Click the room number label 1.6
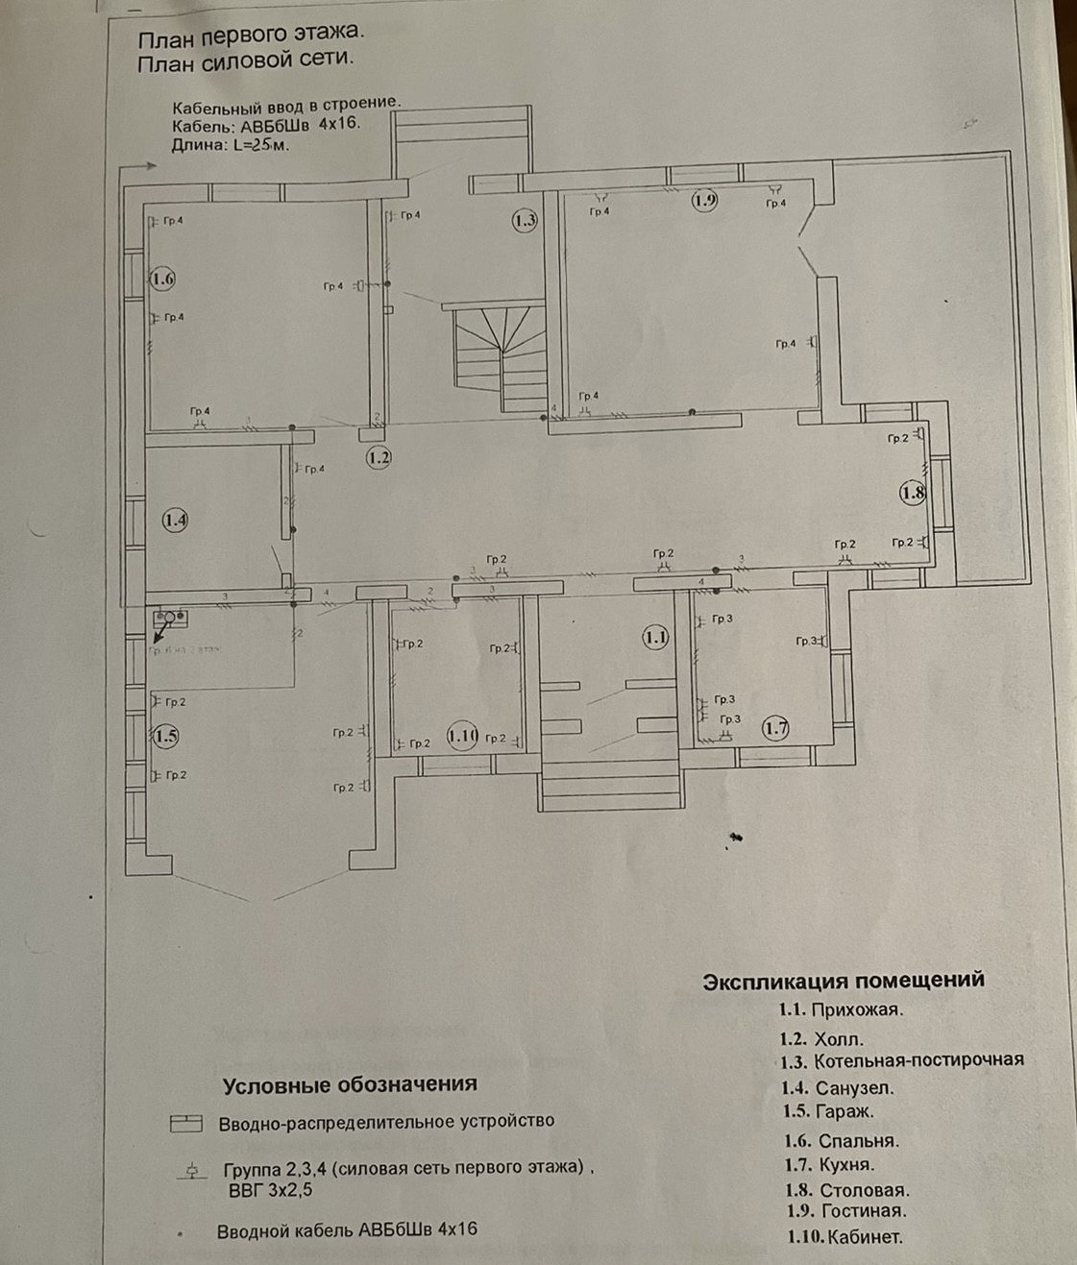click(162, 280)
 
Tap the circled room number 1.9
click(705, 200)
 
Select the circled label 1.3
click(524, 221)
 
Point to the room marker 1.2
click(379, 457)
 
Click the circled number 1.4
click(175, 521)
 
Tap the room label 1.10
click(462, 737)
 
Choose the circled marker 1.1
click(656, 636)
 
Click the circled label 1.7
click(775, 728)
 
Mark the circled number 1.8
click(912, 494)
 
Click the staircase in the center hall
click(500, 355)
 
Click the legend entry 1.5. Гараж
click(829, 1112)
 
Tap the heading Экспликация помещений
click(844, 981)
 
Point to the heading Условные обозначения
click(350, 1085)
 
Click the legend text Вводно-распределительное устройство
click(385, 1122)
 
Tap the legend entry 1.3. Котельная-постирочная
click(901, 1060)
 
